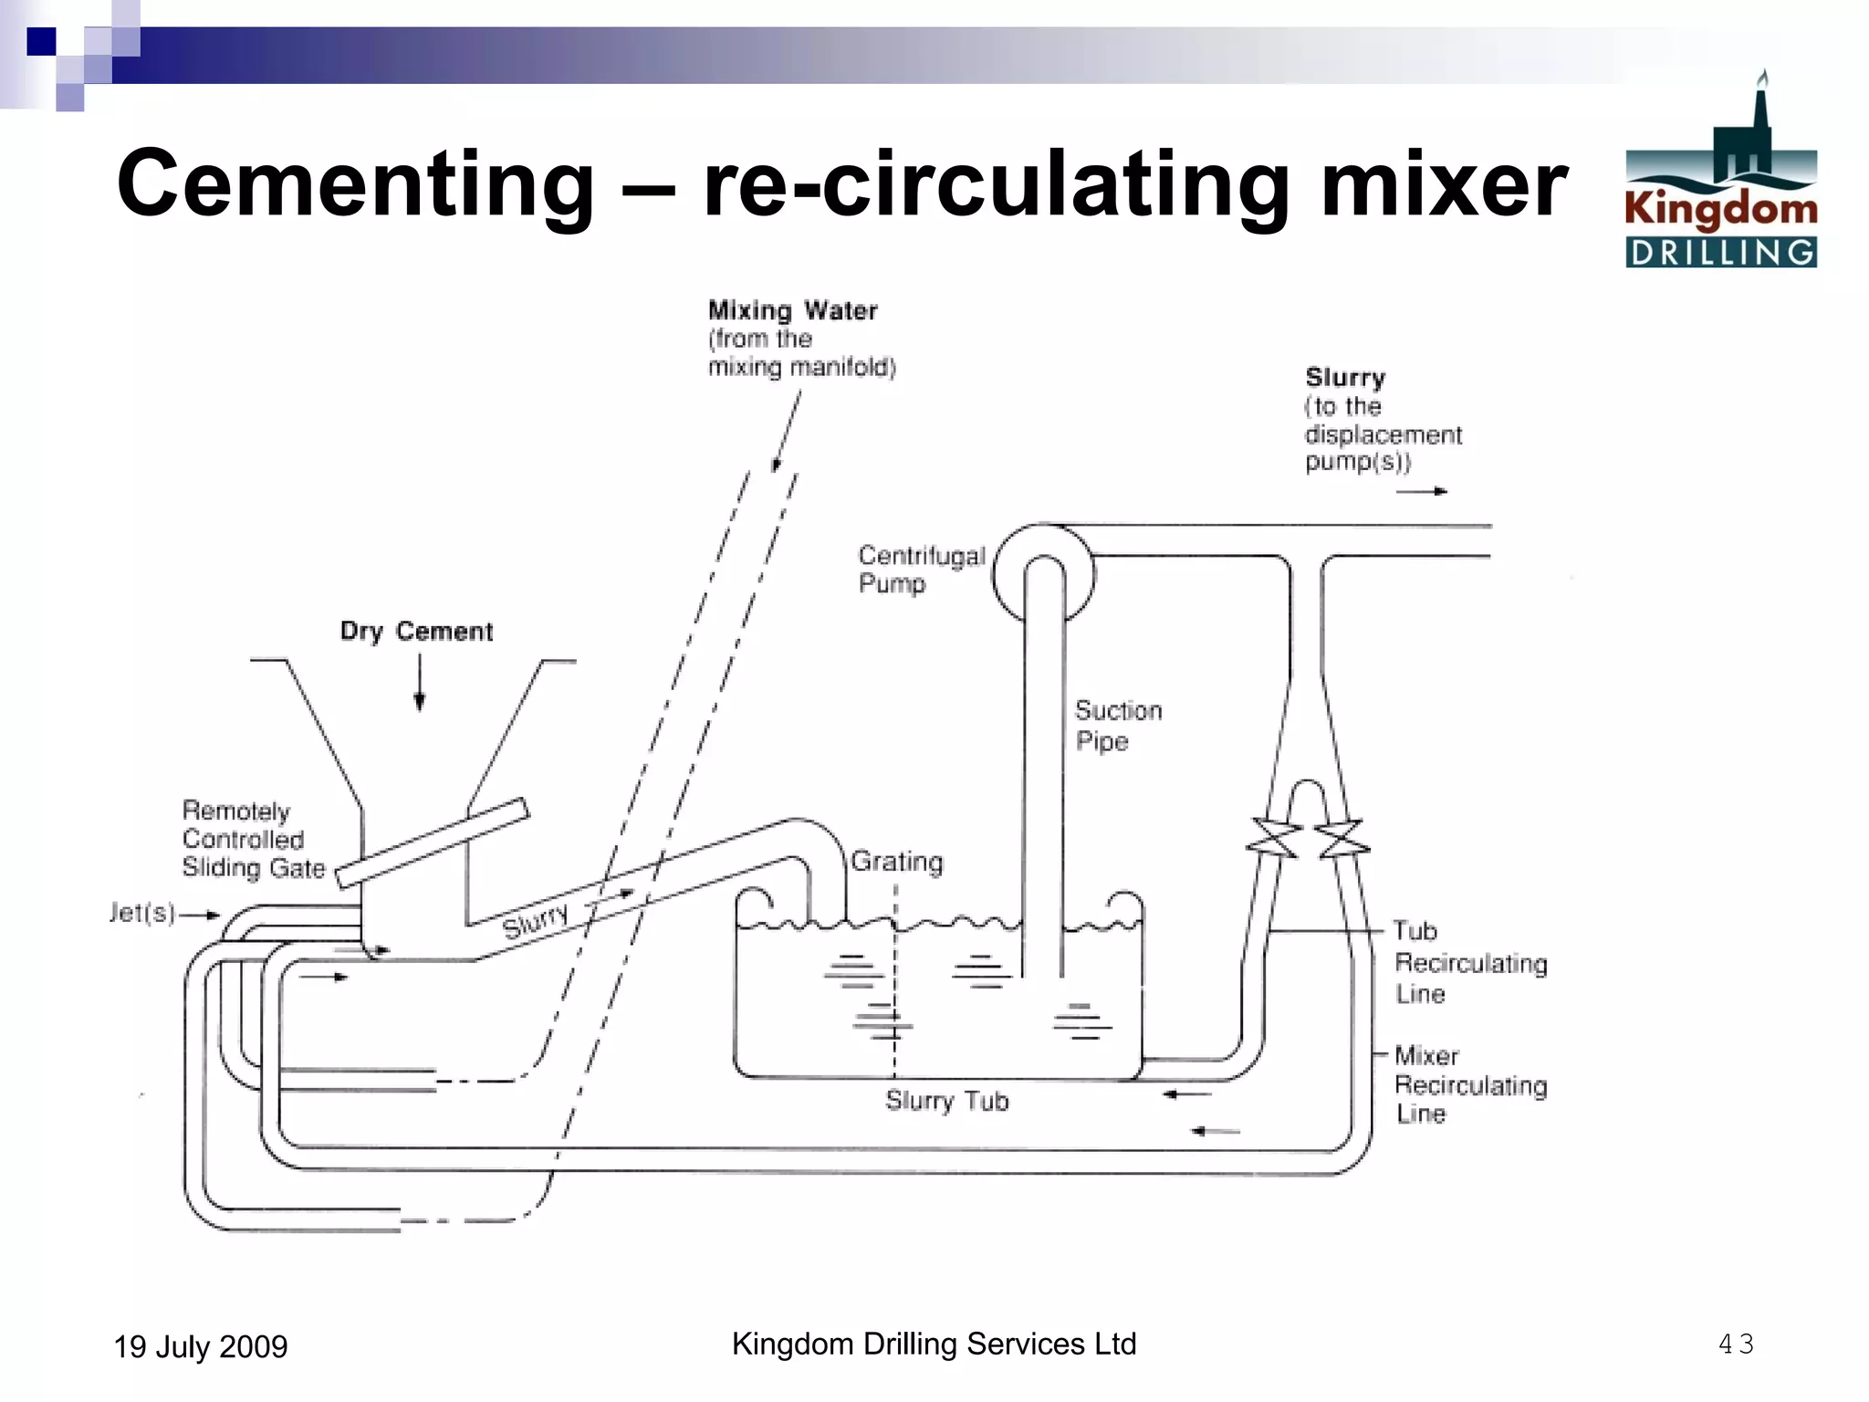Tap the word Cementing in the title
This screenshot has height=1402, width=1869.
(x=356, y=184)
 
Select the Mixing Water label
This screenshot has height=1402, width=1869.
(x=793, y=311)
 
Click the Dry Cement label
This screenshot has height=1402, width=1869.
(x=416, y=632)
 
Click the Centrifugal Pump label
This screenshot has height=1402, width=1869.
(x=920, y=570)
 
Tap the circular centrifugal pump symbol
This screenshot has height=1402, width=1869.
(x=1043, y=573)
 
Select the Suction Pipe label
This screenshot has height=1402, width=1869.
(x=1117, y=726)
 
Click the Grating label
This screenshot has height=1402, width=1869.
(x=897, y=862)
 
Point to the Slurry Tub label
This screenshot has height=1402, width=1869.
(x=946, y=1101)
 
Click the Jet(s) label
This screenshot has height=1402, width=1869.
(x=142, y=913)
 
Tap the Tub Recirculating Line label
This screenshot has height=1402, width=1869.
(x=1469, y=963)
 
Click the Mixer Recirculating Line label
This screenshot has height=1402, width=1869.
(x=1469, y=1085)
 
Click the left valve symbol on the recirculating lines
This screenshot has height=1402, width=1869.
(x=1273, y=837)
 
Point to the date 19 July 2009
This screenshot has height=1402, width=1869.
(x=200, y=1347)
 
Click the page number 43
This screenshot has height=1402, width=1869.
(x=1735, y=1344)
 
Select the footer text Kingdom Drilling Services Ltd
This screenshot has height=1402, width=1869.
(x=934, y=1344)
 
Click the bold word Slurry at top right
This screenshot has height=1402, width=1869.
(x=1345, y=378)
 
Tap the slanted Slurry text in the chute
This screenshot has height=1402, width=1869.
(x=536, y=920)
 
